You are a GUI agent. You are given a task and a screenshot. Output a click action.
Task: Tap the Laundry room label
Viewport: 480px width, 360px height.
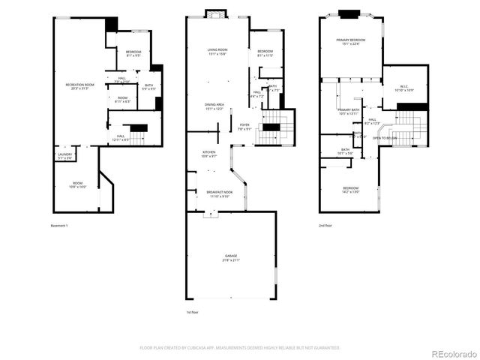pyautogui.click(x=65, y=156)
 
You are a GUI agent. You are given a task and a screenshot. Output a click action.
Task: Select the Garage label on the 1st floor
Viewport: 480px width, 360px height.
pyautogui.click(x=230, y=258)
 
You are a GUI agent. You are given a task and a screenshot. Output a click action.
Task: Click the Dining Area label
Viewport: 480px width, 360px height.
pyautogui.click(x=214, y=106)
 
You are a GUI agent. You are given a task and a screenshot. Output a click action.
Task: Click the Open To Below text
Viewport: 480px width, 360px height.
pyautogui.click(x=385, y=138)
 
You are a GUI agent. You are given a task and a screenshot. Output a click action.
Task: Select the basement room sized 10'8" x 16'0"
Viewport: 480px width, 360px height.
pyautogui.click(x=77, y=184)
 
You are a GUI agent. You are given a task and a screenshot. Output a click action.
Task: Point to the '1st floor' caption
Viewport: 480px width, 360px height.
pyautogui.click(x=193, y=311)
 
